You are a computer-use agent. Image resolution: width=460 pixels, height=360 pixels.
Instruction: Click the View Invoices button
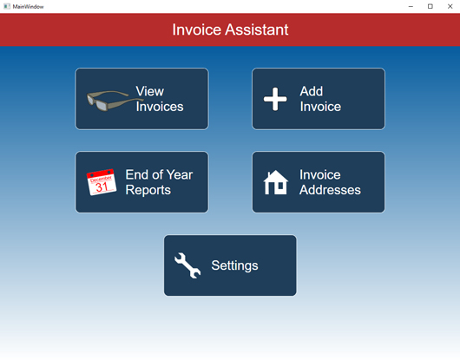141,99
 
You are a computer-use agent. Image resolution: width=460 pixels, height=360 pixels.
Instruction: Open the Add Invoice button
319,99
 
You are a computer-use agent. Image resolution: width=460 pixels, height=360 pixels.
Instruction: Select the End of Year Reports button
141,182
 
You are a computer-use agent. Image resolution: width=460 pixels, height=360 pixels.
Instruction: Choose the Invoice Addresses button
319,182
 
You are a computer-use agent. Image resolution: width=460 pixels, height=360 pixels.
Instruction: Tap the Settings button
230,265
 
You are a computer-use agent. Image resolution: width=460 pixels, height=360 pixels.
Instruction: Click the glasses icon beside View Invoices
110,100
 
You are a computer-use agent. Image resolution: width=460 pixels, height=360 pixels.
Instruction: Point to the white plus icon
275,99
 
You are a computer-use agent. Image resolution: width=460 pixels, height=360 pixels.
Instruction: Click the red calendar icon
102,182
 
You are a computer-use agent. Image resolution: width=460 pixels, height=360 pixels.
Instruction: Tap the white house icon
275,182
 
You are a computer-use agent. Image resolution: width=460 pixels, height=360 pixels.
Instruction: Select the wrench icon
187,265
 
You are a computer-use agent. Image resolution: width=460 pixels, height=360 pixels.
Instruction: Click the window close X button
450,6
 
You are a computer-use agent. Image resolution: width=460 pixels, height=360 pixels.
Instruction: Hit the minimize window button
411,6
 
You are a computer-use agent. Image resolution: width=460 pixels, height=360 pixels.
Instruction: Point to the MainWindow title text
29,6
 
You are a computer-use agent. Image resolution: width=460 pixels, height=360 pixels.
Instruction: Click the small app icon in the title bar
7,6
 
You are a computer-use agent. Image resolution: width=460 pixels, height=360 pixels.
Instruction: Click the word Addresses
330,190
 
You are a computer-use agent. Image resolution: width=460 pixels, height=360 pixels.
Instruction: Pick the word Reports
148,190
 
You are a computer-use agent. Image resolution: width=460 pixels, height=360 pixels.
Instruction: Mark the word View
149,91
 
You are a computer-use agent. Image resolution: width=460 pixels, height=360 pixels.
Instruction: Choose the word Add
312,91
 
